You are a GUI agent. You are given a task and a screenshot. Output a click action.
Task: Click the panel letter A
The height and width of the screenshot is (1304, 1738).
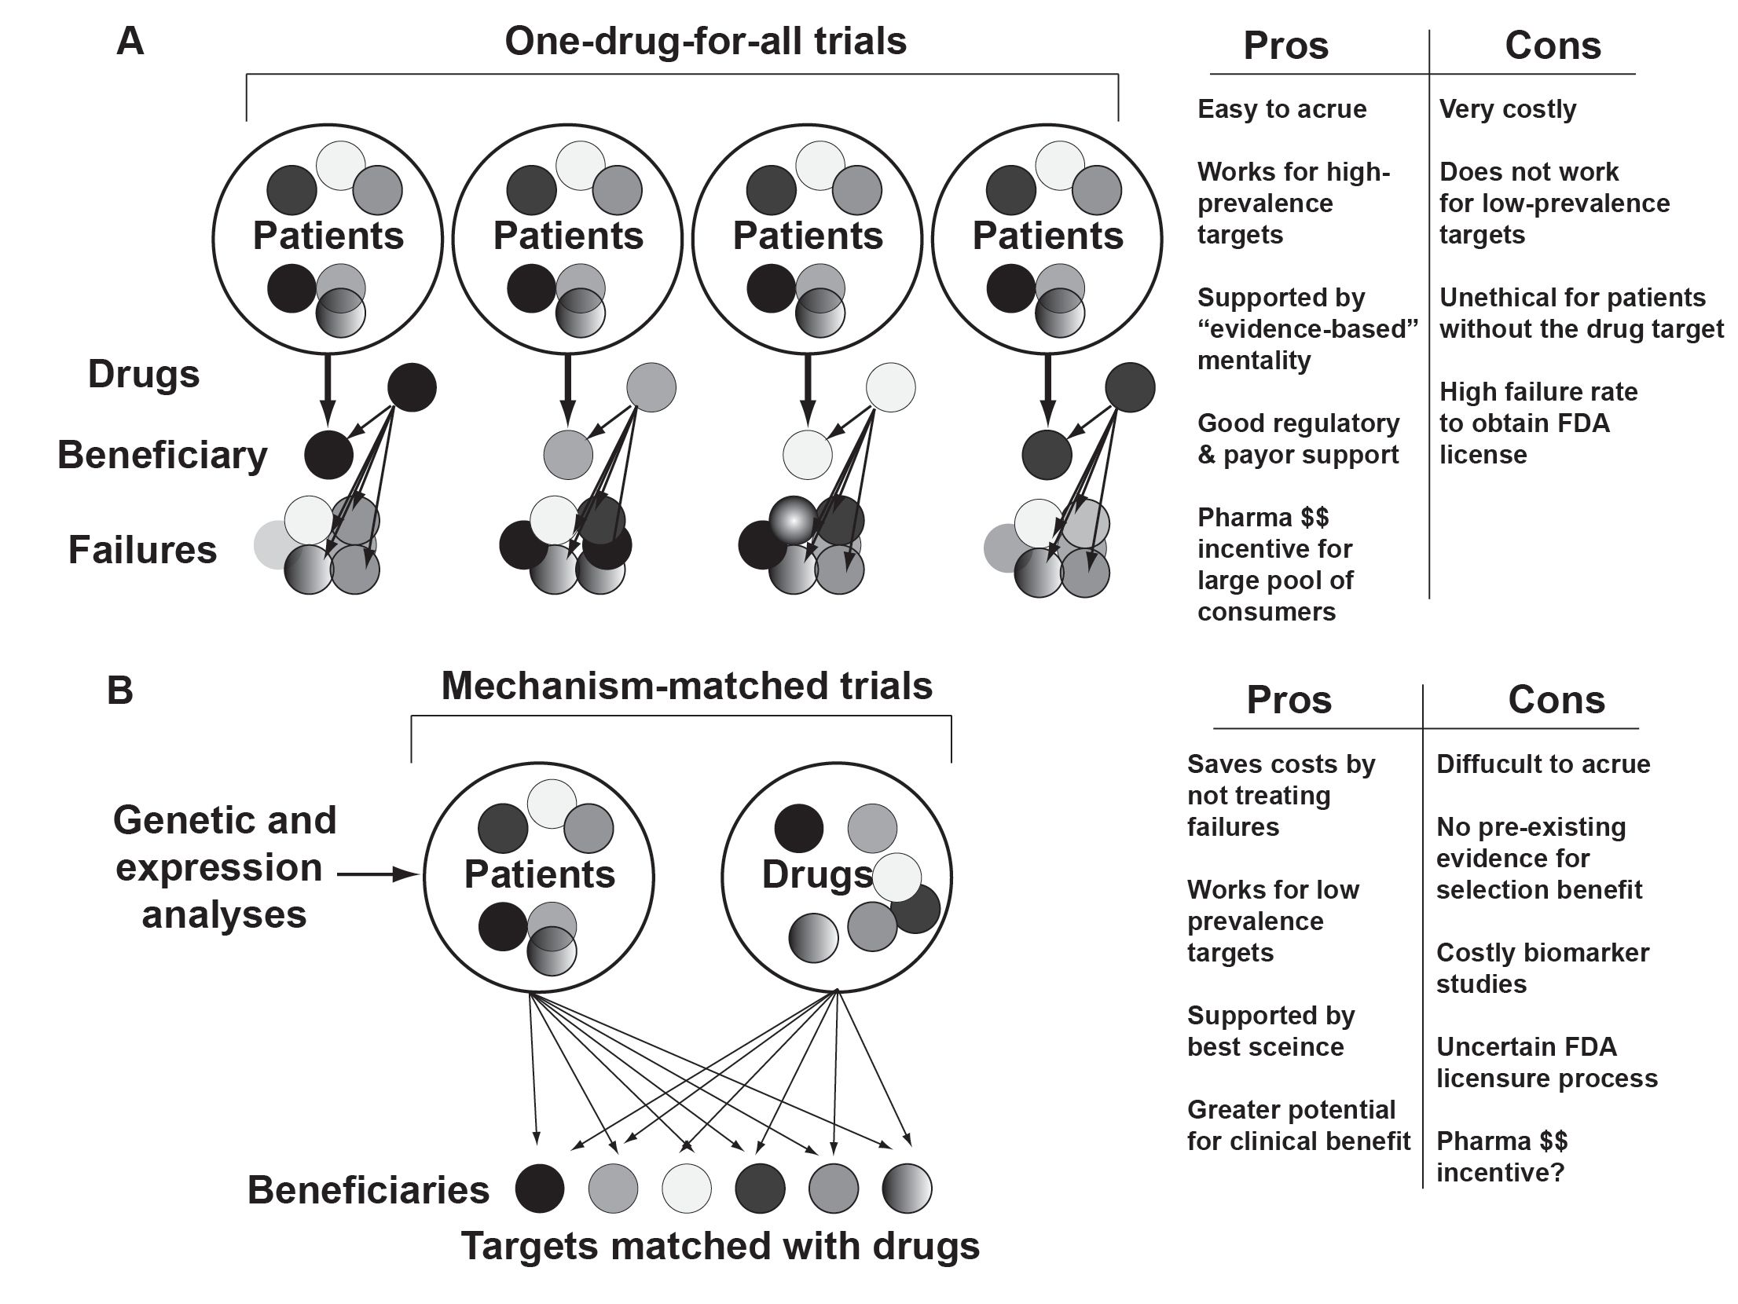(x=130, y=42)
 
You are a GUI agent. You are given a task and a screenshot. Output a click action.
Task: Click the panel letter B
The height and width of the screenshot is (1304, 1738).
(x=120, y=691)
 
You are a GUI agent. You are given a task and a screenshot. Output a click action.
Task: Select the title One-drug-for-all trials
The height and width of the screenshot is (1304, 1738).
(x=705, y=41)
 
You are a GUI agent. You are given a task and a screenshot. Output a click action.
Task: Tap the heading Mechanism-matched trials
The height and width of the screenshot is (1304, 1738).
(x=687, y=686)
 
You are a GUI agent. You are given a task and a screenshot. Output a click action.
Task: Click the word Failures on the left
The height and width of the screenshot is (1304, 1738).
(x=142, y=550)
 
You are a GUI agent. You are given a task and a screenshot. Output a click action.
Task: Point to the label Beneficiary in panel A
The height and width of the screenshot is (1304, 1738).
(x=162, y=455)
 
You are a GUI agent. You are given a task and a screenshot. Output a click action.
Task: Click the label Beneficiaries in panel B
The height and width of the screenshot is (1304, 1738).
(x=368, y=1190)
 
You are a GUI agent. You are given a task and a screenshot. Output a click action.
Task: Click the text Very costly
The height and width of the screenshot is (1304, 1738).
(x=1507, y=109)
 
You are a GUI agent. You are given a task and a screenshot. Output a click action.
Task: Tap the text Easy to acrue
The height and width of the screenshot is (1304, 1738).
(x=1281, y=109)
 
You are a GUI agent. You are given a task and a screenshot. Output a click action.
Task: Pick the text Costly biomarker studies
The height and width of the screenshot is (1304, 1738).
(x=1542, y=969)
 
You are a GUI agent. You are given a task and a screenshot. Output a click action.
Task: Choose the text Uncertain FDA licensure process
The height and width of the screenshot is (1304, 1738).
(x=1546, y=1063)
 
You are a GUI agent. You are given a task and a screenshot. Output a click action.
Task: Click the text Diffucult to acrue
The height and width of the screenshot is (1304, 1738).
(x=1543, y=764)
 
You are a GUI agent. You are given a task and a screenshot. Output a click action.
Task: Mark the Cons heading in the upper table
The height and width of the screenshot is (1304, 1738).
(x=1553, y=46)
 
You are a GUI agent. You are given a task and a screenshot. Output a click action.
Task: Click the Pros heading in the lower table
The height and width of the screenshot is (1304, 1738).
(x=1289, y=700)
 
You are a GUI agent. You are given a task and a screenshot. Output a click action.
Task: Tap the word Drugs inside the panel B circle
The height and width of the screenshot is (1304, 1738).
(x=817, y=875)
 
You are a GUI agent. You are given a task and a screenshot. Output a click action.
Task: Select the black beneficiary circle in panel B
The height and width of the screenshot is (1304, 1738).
(x=539, y=1189)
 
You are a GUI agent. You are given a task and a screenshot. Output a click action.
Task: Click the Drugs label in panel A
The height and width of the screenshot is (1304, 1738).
(x=144, y=374)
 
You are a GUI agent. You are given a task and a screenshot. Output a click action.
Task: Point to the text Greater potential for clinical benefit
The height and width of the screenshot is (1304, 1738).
(x=1298, y=1126)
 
